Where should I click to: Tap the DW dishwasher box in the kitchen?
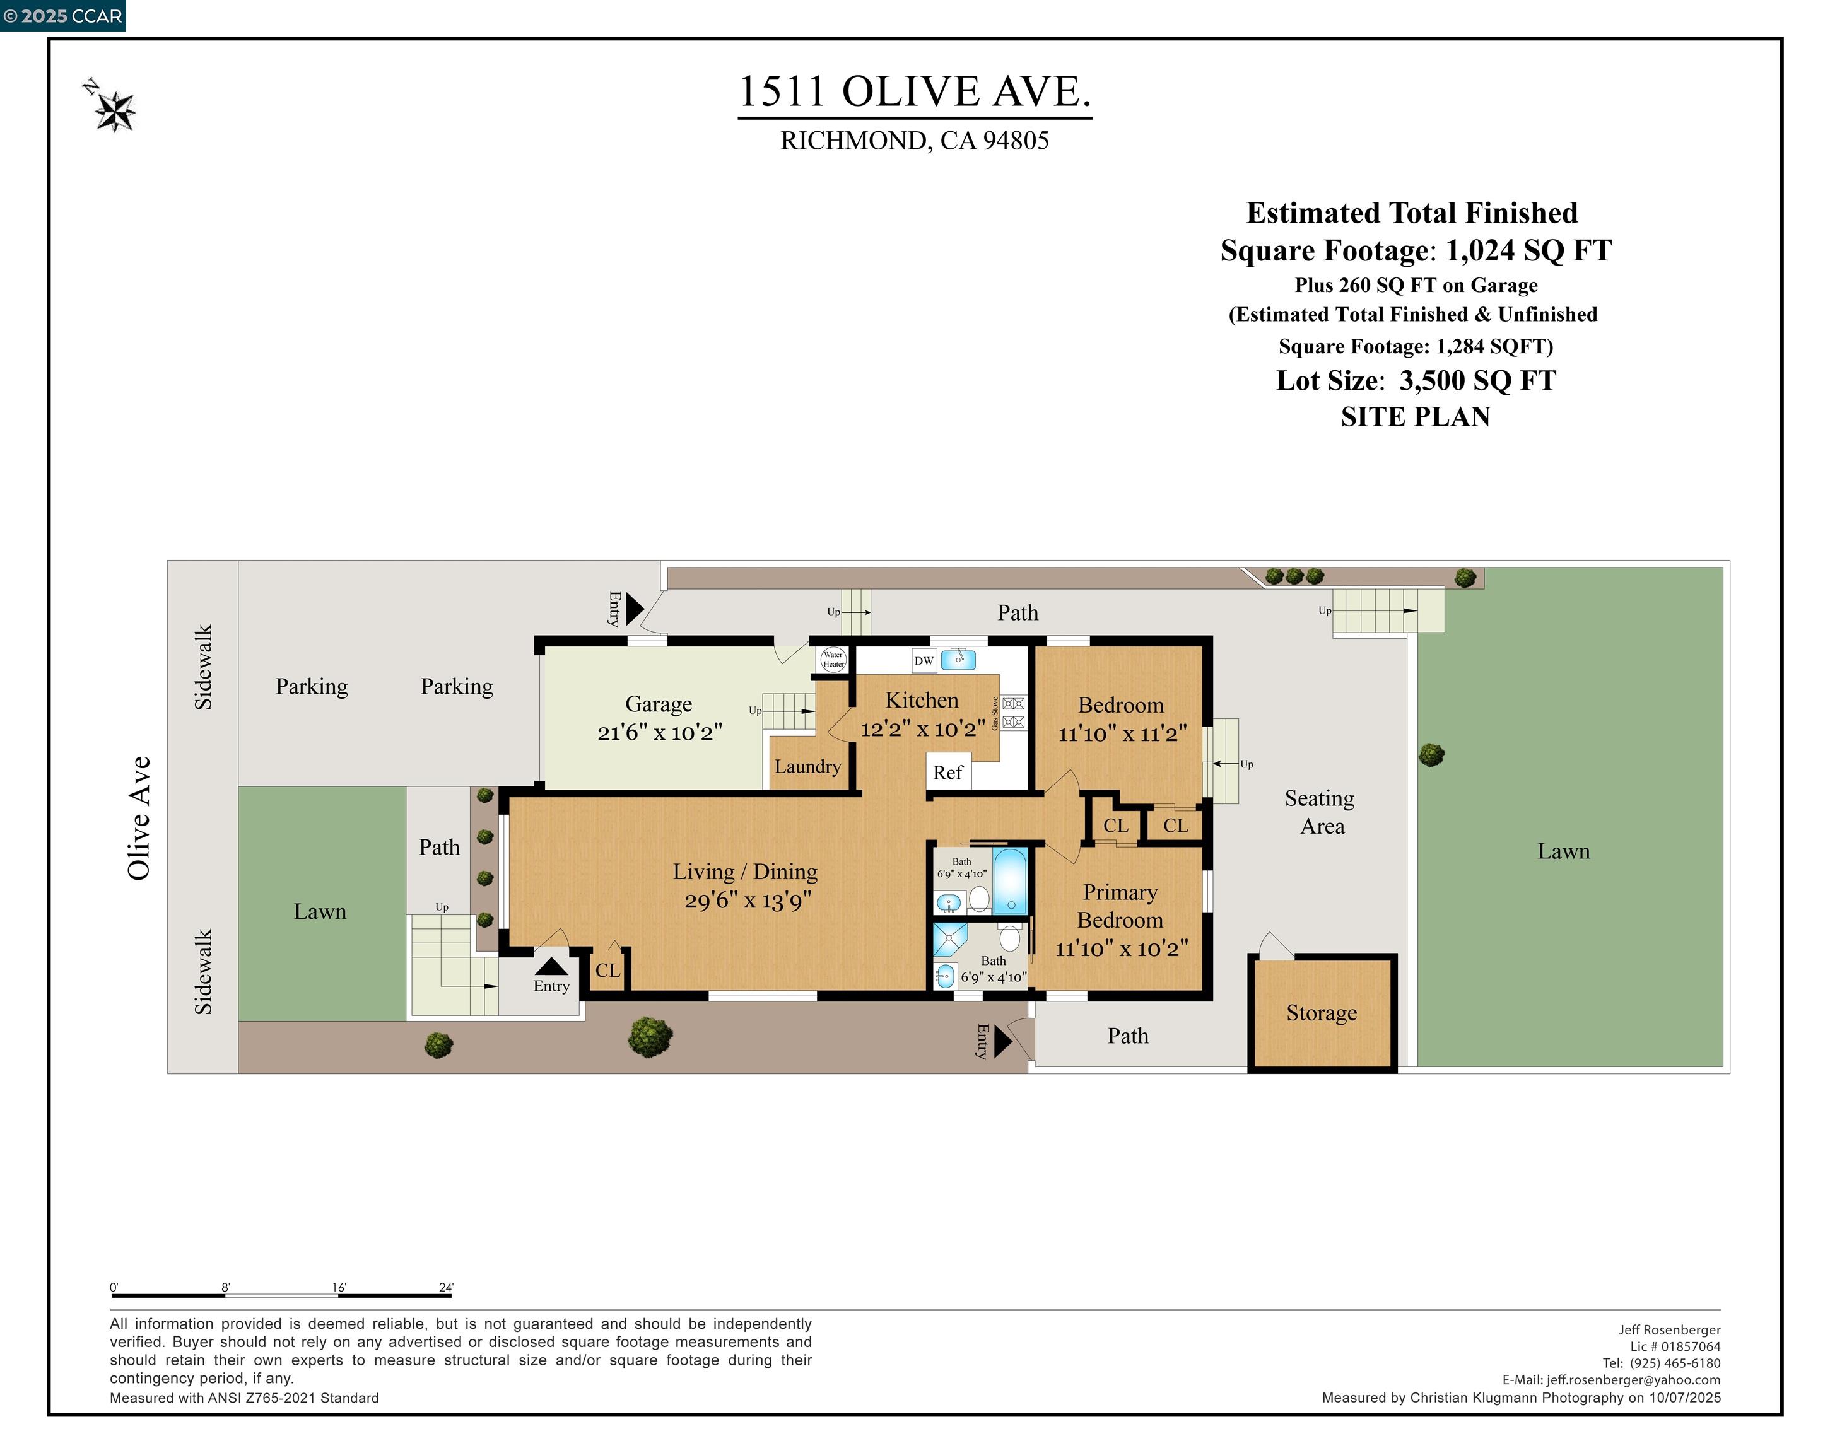click(924, 660)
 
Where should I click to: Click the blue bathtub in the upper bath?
click(1010, 881)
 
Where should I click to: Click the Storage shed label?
click(1321, 1013)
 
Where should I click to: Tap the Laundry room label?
click(807, 766)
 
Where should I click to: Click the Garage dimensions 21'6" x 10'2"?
click(659, 732)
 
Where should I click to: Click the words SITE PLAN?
click(1415, 417)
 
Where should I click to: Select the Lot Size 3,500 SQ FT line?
click(1415, 380)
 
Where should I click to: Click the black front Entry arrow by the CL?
click(551, 967)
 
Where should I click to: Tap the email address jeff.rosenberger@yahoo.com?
click(1633, 1380)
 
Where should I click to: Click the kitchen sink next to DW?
click(958, 660)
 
